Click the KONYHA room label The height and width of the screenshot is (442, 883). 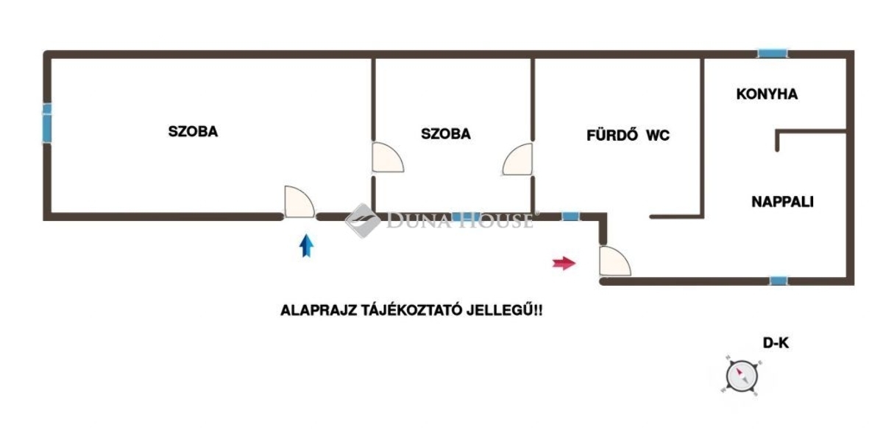[767, 94]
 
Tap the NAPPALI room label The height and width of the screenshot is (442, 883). [782, 202]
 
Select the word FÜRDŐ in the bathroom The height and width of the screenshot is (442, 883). [612, 136]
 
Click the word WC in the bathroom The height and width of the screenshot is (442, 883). [658, 136]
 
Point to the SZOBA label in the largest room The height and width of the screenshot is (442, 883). [194, 133]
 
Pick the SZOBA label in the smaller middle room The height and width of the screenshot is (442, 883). [446, 134]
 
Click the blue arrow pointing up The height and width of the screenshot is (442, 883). [307, 245]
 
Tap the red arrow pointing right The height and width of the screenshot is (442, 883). [564, 263]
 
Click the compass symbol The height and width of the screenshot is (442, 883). [741, 375]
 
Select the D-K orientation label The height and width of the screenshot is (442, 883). [776, 343]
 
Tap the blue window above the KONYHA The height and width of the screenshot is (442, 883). [773, 54]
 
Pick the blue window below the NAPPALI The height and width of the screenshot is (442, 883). [779, 281]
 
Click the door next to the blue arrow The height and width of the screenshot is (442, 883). [299, 202]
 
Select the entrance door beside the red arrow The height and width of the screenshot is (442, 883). [614, 261]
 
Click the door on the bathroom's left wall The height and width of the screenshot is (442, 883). [517, 160]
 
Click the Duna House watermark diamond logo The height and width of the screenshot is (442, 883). [362, 220]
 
